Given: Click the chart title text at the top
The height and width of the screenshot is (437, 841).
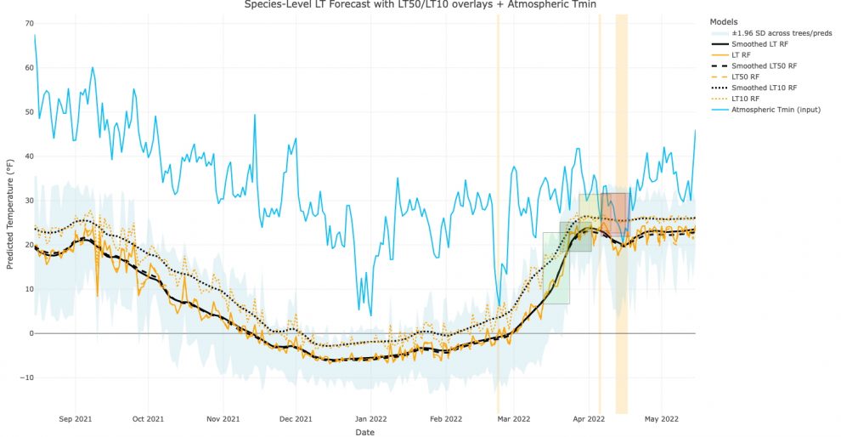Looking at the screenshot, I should point(420,4).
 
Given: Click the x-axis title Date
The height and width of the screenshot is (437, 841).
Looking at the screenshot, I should point(365,433).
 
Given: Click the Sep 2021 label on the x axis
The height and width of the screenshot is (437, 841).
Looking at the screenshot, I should point(76,418).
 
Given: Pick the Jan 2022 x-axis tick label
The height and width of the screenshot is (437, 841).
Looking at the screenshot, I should point(370,418).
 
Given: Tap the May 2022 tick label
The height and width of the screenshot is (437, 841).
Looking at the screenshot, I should point(663,418).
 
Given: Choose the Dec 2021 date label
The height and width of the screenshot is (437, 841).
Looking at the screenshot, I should point(296,418).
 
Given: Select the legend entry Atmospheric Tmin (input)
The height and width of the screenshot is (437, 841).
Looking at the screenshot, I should point(776,110).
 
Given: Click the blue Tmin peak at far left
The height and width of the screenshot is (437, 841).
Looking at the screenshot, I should point(35,36).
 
